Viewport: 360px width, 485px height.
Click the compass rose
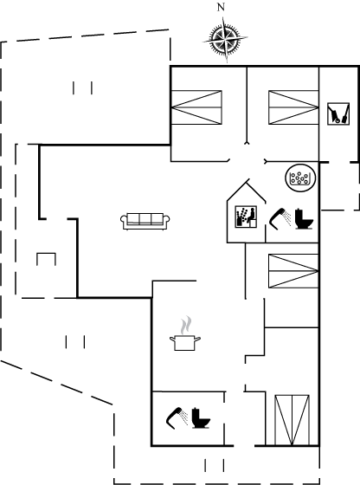click(x=225, y=39)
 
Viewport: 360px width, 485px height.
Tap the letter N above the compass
click(x=221, y=7)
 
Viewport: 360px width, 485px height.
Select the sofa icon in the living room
click(x=145, y=221)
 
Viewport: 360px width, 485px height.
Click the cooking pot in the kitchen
click(x=185, y=343)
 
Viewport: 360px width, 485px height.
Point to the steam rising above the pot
click(x=186, y=325)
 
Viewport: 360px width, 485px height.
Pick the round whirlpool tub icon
click(x=300, y=178)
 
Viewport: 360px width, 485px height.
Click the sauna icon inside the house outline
click(x=246, y=217)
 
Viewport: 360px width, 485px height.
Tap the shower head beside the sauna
click(x=280, y=219)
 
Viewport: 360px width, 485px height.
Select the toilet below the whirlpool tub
click(x=304, y=219)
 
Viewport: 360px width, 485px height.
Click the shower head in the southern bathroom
click(x=177, y=418)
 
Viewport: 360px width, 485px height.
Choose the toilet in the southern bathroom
click(x=201, y=418)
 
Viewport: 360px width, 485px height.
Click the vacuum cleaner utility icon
click(x=338, y=113)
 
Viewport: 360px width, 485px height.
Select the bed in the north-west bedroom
click(x=196, y=107)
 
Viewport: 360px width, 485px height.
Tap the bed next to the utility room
click(x=293, y=107)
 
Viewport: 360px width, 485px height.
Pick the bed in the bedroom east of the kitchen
click(x=293, y=271)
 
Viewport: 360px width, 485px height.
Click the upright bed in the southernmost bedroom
click(x=292, y=420)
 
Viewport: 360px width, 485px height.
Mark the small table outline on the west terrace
click(x=47, y=259)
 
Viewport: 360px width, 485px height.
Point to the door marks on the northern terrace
click(x=82, y=87)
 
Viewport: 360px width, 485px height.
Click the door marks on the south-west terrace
click(x=75, y=342)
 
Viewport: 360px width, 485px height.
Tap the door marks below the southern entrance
click(x=214, y=465)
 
